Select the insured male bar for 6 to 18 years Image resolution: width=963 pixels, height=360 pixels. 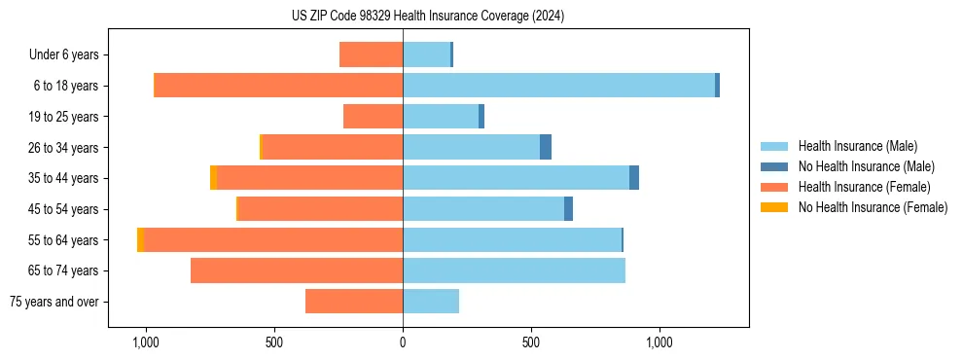(x=558, y=86)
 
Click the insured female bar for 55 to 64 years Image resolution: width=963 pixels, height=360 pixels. (x=273, y=240)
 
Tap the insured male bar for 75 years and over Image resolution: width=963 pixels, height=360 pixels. (x=431, y=302)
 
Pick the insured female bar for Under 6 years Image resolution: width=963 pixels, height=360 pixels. (x=371, y=55)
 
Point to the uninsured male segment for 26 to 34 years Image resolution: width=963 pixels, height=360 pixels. (x=546, y=147)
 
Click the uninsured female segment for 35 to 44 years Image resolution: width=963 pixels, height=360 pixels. (x=213, y=178)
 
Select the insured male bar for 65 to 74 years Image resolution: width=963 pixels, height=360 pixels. (x=514, y=270)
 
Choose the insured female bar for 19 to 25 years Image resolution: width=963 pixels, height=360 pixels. (x=373, y=117)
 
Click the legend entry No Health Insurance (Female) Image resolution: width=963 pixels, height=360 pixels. (x=873, y=207)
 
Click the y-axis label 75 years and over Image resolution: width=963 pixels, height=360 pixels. (x=53, y=302)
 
